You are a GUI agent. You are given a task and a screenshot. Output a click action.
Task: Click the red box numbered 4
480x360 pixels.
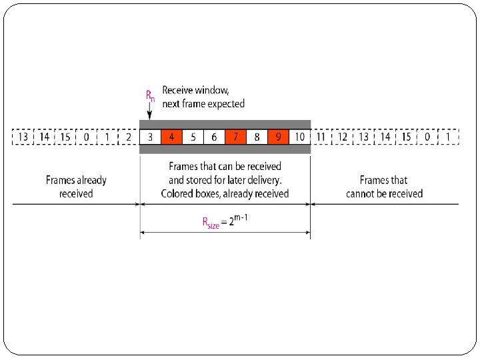171,137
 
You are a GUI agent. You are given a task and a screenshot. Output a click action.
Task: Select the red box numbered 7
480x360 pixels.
235,137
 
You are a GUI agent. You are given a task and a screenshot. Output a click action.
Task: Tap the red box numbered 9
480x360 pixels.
278,137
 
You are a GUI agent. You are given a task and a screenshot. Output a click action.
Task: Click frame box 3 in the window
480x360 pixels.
150,137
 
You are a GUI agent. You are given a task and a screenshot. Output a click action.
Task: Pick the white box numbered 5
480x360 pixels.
193,137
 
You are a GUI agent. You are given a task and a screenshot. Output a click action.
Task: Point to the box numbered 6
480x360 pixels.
214,137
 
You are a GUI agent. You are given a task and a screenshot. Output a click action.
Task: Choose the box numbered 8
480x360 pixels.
257,137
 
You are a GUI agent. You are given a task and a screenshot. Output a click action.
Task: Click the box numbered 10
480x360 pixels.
299,137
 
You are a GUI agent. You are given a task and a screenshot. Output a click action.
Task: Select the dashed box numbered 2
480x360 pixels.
128,137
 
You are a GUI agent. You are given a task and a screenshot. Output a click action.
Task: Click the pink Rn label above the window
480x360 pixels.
150,95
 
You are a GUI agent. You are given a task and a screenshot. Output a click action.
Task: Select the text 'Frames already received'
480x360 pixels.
76,187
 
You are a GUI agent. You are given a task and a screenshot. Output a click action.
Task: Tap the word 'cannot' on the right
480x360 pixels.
362,193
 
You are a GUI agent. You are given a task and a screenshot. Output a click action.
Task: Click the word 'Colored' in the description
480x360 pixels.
178,193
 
